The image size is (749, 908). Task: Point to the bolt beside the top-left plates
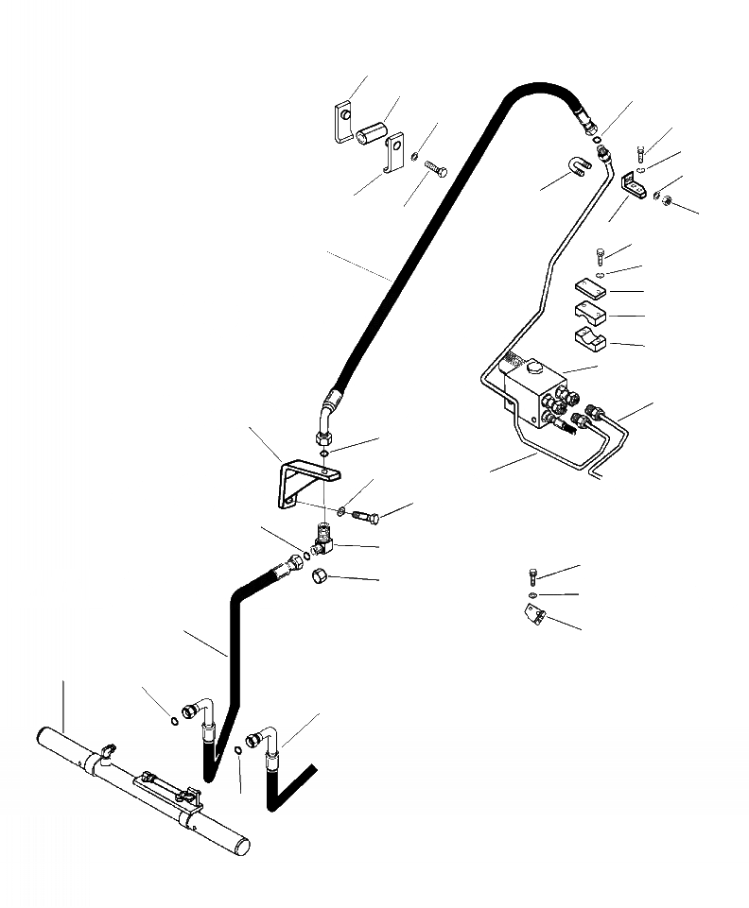[435, 171]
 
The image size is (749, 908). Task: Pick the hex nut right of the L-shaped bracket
[666, 199]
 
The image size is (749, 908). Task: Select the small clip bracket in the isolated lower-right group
[535, 615]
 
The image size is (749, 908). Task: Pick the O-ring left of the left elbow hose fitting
[175, 723]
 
